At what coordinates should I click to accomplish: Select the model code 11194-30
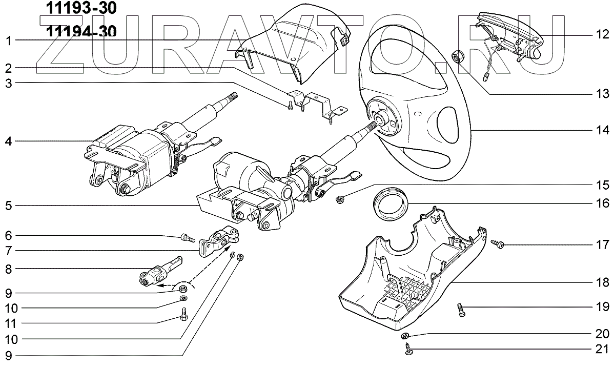click(x=81, y=32)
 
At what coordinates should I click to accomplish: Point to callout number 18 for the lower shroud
click(x=602, y=282)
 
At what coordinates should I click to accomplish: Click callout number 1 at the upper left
click(x=8, y=40)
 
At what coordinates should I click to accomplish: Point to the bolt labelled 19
click(x=461, y=309)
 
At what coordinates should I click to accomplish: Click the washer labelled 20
click(x=404, y=335)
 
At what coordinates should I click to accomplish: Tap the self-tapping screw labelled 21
click(x=408, y=350)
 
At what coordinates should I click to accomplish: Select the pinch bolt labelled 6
click(x=187, y=237)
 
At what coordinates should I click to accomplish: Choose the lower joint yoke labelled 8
click(x=156, y=272)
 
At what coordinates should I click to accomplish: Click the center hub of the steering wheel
click(x=382, y=121)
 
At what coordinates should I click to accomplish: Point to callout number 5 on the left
click(x=8, y=207)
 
